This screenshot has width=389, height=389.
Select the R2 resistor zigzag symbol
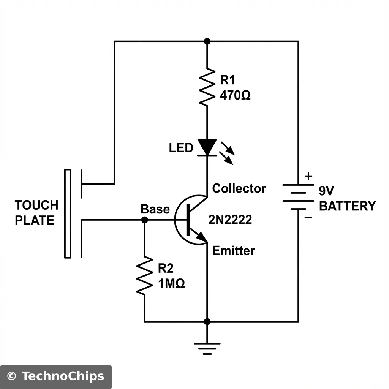pyautogui.click(x=144, y=275)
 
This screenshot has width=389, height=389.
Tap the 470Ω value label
pyautogui.click(x=235, y=95)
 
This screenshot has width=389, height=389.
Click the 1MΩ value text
pyautogui.click(x=171, y=283)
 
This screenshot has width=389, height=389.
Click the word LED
pyautogui.click(x=181, y=148)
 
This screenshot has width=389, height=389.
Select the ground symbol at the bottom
pyautogui.click(x=207, y=348)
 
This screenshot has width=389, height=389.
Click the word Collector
pyautogui.click(x=239, y=188)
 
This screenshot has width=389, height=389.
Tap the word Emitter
pyautogui.click(x=233, y=251)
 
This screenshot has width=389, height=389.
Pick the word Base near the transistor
pyautogui.click(x=155, y=209)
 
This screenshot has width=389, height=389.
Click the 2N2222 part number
pyautogui.click(x=230, y=219)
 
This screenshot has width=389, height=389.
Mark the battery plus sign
pyautogui.click(x=309, y=176)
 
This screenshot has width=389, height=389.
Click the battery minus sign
pyautogui.click(x=308, y=218)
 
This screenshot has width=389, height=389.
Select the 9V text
pyautogui.click(x=326, y=190)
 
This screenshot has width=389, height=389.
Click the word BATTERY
pyautogui.click(x=347, y=206)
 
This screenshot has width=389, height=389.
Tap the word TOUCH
pyautogui.click(x=36, y=205)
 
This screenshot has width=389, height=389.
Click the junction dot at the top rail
pyautogui.click(x=207, y=41)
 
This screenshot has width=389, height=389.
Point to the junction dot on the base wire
pyautogui.click(x=144, y=220)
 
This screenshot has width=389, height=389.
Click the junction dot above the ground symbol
pyautogui.click(x=207, y=322)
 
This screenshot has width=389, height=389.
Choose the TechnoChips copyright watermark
pyautogui.click(x=55, y=376)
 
